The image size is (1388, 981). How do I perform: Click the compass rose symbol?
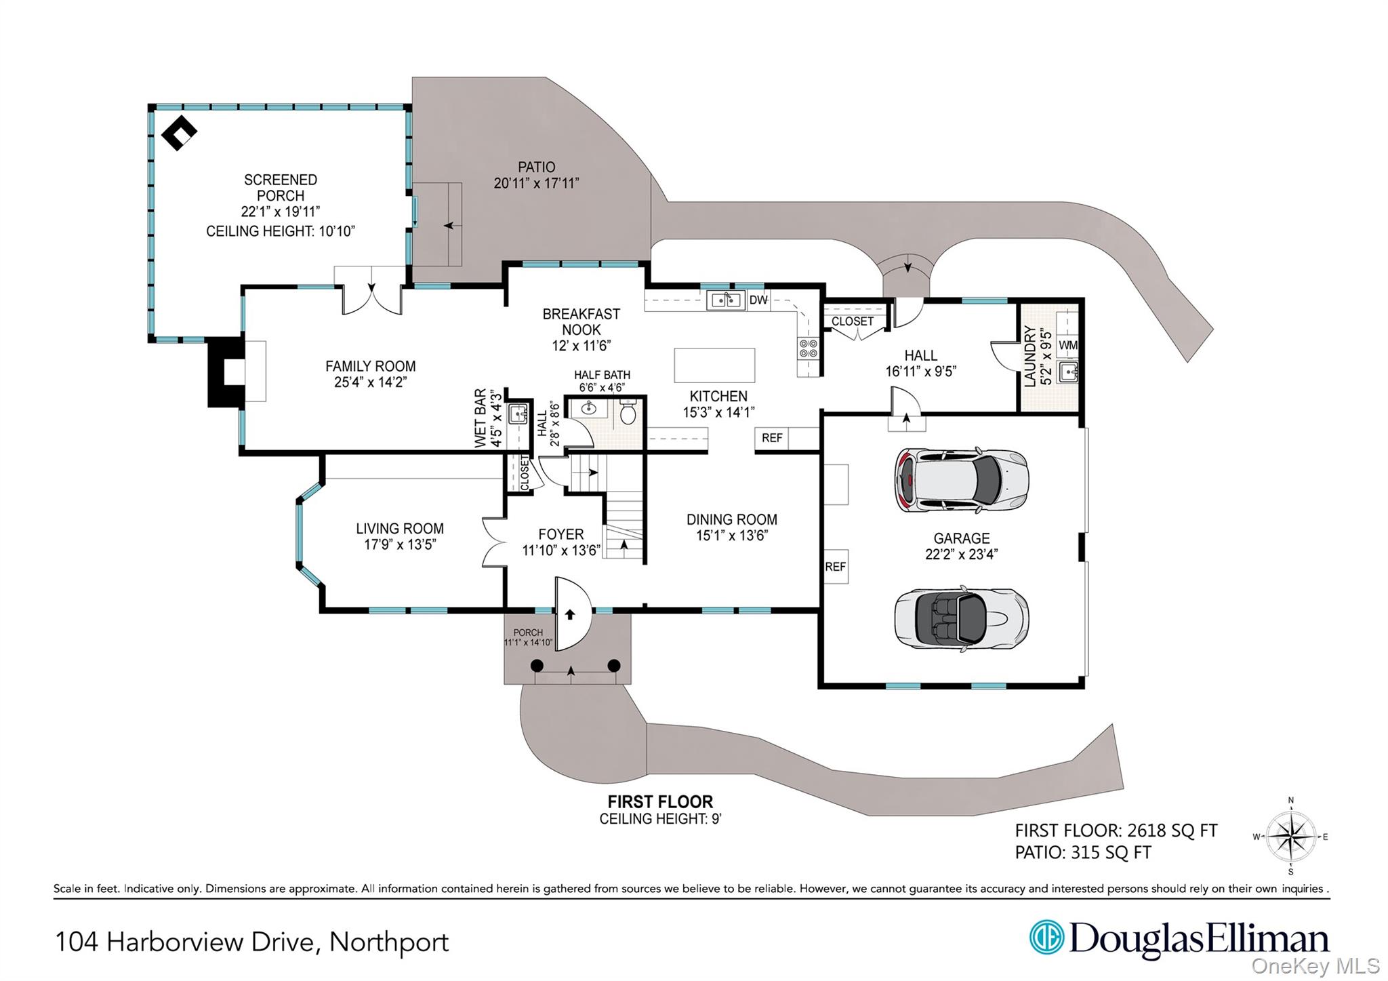pos(1290,837)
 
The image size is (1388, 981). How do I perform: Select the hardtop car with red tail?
pos(961,480)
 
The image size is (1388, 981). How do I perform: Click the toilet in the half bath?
pos(628,412)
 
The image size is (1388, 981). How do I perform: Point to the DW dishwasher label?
pos(758,300)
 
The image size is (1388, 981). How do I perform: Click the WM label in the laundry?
pos(1067,345)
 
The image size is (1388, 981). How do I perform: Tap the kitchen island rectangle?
pos(714,365)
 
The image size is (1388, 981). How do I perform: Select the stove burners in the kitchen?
pos(809,348)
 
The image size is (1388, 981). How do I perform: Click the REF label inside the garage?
pos(835,567)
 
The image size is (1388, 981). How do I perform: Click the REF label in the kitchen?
pos(772,438)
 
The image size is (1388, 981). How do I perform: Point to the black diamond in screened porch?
pos(179,134)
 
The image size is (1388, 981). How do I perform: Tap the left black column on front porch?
pos(537,666)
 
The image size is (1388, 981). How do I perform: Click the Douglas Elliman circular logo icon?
pos(1046,938)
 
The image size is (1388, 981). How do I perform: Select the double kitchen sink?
pos(725,300)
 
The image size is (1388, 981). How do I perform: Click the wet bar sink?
pos(518,413)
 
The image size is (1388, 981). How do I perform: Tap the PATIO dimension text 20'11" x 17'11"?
pos(536,183)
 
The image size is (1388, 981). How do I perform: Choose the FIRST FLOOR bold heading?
pos(660,802)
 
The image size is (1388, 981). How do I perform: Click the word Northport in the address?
pos(389,942)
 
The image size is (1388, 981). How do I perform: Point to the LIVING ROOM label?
pos(400,529)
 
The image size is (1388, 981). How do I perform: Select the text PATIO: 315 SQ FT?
pos(1082,853)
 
